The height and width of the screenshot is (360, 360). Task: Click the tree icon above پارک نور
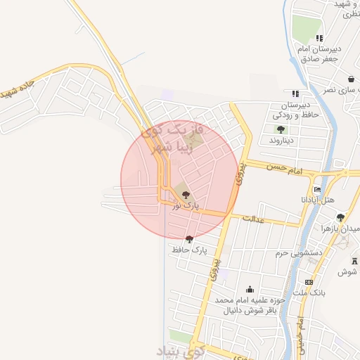click(186, 195)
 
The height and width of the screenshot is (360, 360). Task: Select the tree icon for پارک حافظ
click(189, 239)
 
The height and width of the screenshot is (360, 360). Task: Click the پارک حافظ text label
click(189, 250)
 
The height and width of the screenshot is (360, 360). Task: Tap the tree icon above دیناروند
click(281, 129)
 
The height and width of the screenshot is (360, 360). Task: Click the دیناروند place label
click(283, 141)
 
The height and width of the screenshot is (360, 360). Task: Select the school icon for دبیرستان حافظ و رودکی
click(295, 94)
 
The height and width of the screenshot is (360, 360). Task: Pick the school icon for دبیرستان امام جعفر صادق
click(319, 38)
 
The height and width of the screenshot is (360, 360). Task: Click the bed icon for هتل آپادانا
click(318, 190)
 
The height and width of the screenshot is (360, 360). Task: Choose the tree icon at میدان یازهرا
click(341, 217)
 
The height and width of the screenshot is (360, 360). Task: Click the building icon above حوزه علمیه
click(250, 290)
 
